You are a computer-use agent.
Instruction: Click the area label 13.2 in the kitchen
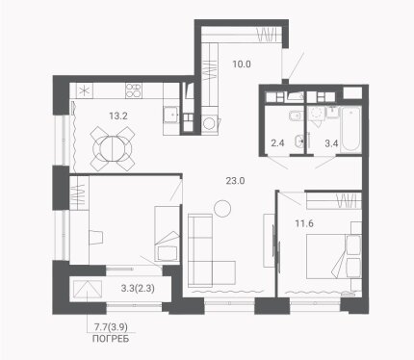118,116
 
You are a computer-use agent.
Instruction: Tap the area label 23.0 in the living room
235,181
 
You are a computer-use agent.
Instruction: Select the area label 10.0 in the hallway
242,64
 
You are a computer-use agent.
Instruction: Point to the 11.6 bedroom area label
304,223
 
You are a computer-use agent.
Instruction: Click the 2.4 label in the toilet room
277,143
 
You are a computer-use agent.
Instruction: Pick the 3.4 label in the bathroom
331,143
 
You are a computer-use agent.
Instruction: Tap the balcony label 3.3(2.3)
138,289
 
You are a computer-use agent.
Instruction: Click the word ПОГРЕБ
111,339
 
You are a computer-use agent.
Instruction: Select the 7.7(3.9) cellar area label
111,327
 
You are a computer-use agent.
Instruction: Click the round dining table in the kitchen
113,149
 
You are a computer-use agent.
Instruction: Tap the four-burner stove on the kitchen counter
134,90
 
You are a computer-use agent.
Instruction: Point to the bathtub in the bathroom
350,129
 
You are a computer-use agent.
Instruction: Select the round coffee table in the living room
222,209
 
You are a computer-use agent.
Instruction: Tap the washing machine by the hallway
211,123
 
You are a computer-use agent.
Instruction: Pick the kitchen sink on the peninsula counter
171,115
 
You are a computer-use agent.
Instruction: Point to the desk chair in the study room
96,238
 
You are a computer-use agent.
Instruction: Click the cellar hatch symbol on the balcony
88,290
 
